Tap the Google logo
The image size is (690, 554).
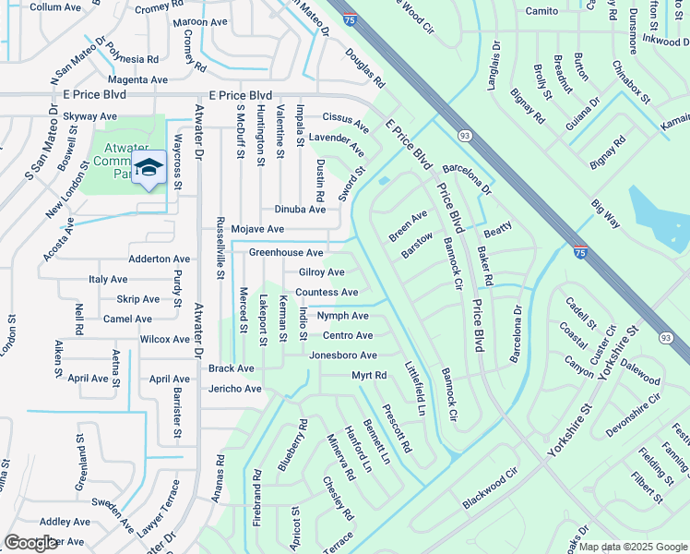coord(31,543)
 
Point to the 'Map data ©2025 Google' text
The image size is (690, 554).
coord(633,547)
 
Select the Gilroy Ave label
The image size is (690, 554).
coord(321,272)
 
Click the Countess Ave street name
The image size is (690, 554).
coord(327,293)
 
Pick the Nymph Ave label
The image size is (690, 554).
coord(342,316)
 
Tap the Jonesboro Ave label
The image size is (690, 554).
coord(342,355)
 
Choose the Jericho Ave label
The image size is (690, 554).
coord(234,389)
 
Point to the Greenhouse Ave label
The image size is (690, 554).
coord(286,252)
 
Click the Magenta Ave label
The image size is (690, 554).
coord(137,80)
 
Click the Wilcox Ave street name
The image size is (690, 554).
coord(164,340)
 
